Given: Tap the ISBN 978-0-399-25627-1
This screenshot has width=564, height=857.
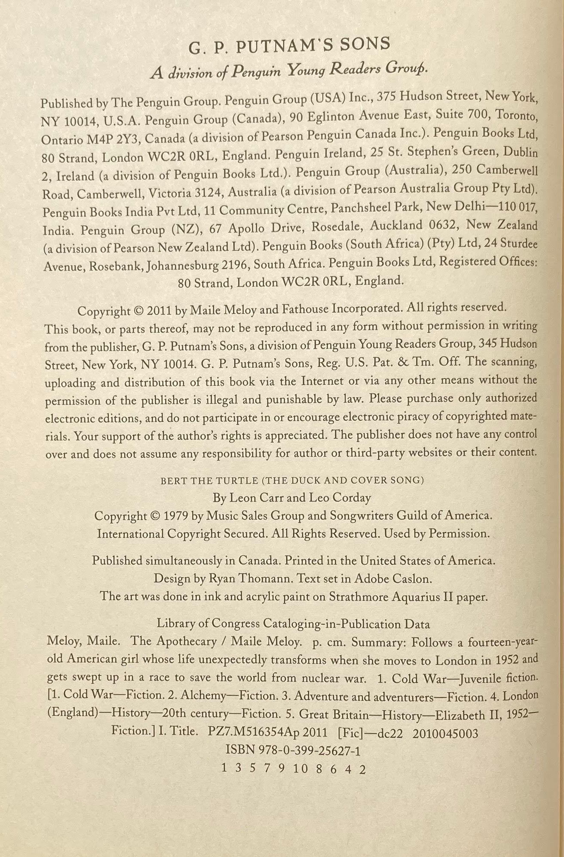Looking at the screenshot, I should tap(293, 751).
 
